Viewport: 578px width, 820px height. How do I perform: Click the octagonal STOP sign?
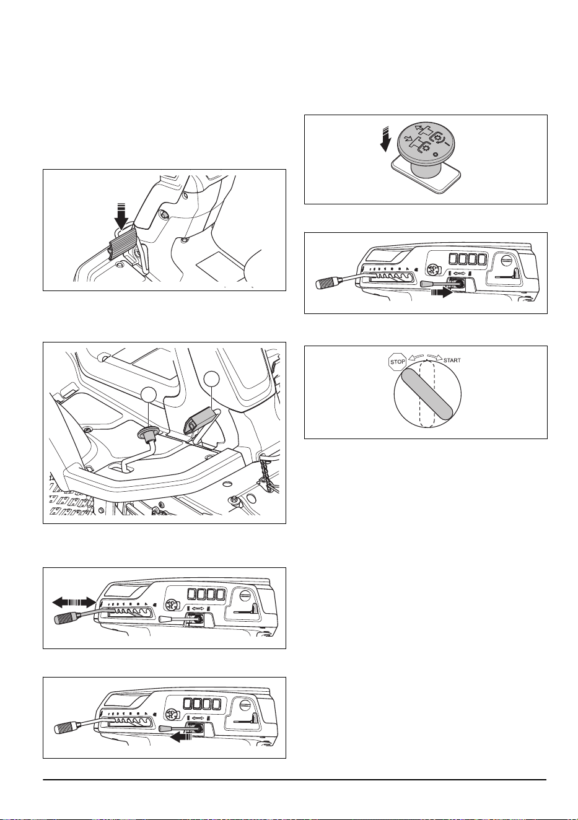[398, 362]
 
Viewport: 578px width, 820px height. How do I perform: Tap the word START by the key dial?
[452, 360]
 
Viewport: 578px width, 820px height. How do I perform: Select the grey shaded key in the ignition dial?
[427, 393]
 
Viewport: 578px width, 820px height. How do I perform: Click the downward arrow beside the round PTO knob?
[385, 139]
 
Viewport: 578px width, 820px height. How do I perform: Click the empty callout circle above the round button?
[149, 397]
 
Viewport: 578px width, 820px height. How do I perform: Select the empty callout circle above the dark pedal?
[212, 379]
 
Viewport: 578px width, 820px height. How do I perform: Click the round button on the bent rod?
[147, 433]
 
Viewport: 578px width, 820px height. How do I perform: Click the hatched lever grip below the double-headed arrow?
[66, 619]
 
